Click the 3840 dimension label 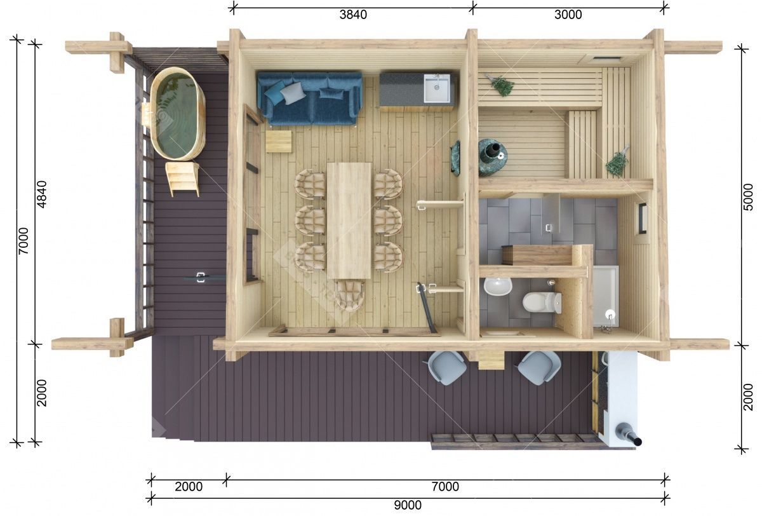(353, 15)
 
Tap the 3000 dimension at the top (568, 15)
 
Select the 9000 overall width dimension (408, 505)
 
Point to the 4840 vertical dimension (41, 194)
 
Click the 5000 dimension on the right (748, 197)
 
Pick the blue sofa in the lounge (309, 98)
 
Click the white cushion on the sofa (293, 93)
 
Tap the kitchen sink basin (436, 88)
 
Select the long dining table (349, 221)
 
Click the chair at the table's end (349, 295)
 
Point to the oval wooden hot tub (177, 114)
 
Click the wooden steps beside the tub (182, 179)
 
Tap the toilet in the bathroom (542, 302)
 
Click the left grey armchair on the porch (446, 368)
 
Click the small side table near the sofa (279, 141)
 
